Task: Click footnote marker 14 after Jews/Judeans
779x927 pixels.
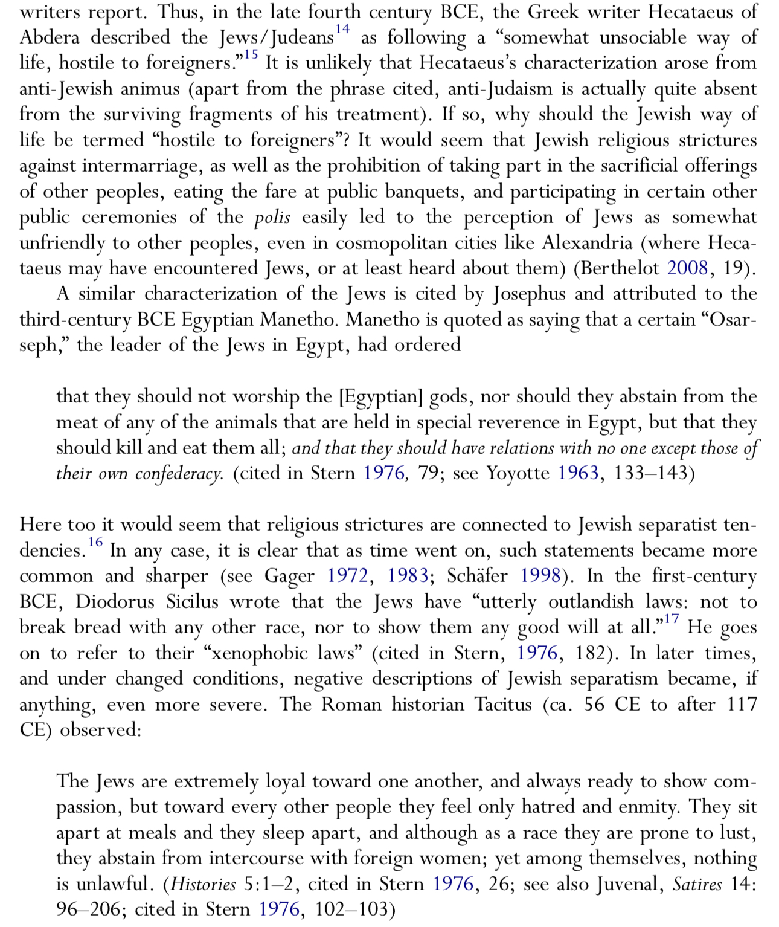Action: (x=342, y=29)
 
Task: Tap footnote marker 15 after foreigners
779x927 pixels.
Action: (x=251, y=55)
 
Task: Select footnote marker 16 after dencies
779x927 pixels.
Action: (x=95, y=542)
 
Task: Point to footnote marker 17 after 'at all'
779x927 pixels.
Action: (x=671, y=619)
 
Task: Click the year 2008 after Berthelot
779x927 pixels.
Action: (x=687, y=268)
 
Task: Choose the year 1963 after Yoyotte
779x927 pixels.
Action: (x=578, y=473)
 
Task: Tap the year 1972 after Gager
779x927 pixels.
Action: (x=347, y=575)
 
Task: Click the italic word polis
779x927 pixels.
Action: (x=272, y=218)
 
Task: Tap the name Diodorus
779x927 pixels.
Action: (x=115, y=602)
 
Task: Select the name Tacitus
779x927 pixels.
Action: (x=503, y=705)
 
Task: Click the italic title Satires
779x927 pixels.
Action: (x=697, y=885)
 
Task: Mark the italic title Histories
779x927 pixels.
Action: (x=204, y=885)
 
